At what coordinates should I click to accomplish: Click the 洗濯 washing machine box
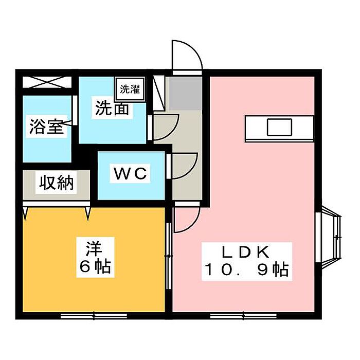(x=130, y=89)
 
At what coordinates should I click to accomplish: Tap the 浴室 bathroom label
(x=47, y=127)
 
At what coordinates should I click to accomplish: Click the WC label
(x=130, y=174)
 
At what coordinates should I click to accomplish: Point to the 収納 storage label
(x=56, y=183)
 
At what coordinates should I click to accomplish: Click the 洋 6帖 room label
(x=95, y=257)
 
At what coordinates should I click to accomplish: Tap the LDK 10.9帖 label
(x=246, y=261)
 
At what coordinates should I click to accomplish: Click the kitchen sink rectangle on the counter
(x=279, y=127)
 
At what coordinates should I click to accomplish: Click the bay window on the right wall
(x=329, y=238)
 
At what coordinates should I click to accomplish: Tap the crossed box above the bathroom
(x=47, y=82)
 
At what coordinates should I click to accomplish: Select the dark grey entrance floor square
(x=186, y=93)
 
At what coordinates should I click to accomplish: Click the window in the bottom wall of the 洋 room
(x=94, y=316)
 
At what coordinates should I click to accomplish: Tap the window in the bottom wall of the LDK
(x=243, y=316)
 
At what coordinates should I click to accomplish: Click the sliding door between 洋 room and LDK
(x=169, y=256)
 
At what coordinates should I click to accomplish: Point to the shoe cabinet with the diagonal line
(x=159, y=93)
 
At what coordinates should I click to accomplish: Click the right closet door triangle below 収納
(x=88, y=213)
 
